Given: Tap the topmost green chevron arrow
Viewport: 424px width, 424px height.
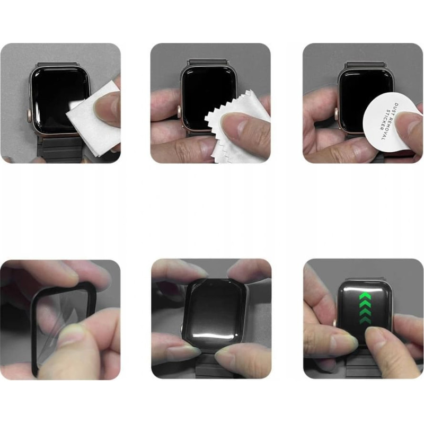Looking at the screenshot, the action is [x=365, y=297].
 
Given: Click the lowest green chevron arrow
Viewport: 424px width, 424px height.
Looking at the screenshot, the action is [x=365, y=320].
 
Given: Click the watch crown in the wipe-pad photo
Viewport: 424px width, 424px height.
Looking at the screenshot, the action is [x=29, y=115].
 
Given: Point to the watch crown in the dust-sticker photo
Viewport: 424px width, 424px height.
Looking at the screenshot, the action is [x=336, y=113].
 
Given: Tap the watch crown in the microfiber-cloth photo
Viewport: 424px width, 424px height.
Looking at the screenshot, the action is [x=179, y=111].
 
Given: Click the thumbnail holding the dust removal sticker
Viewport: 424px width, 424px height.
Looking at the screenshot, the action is [x=408, y=123].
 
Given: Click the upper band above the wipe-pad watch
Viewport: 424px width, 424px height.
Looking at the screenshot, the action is [x=57, y=65].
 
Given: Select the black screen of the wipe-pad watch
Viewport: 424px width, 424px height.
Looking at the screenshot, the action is [x=60, y=100].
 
